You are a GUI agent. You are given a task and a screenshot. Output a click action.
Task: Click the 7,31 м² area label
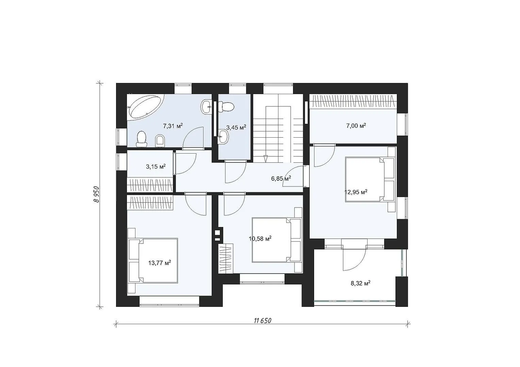173,126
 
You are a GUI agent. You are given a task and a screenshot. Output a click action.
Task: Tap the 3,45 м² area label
236,127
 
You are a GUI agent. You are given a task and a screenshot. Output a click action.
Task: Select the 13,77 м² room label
160,263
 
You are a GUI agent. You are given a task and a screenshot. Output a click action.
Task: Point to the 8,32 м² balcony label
360,283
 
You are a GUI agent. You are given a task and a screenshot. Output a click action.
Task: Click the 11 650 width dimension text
263,321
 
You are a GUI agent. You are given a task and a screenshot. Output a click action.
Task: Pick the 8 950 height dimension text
97,194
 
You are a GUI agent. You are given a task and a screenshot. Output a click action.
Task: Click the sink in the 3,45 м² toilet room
223,136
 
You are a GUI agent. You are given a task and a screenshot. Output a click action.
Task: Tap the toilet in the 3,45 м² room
226,107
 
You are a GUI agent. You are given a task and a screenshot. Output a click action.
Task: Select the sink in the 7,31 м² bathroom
206,107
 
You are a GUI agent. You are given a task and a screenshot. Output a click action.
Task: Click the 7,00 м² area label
356,126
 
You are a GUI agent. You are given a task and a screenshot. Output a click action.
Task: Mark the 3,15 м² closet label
156,167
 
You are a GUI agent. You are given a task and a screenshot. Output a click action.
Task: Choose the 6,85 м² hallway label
281,178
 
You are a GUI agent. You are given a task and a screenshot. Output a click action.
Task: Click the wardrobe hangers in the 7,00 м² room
353,101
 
